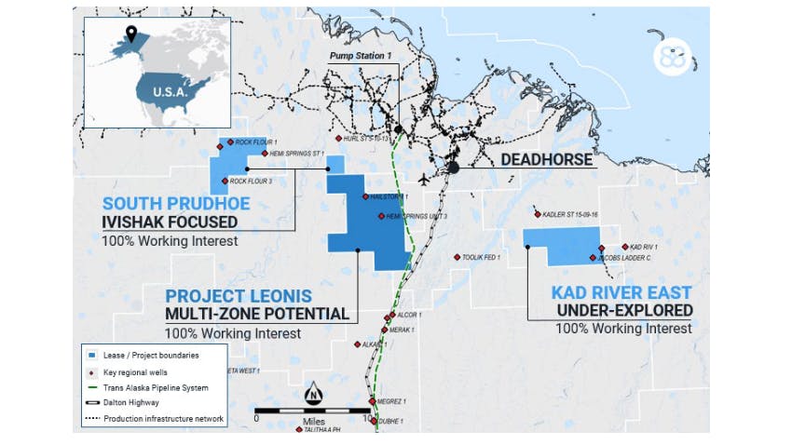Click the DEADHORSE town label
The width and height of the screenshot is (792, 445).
pyautogui.click(x=546, y=159)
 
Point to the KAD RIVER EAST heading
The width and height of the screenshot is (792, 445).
pyautogui.click(x=621, y=291)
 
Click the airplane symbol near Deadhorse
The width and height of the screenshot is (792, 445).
pyautogui.click(x=425, y=179)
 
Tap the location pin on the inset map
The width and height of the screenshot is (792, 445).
pyautogui.click(x=132, y=34)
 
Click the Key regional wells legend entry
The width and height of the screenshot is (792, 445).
pyautogui.click(x=131, y=371)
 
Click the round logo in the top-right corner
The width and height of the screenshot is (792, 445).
pyautogui.click(x=671, y=56)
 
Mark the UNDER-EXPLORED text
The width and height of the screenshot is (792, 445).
pyautogui.click(x=624, y=310)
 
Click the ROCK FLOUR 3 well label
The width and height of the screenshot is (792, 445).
pyautogui.click(x=251, y=182)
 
